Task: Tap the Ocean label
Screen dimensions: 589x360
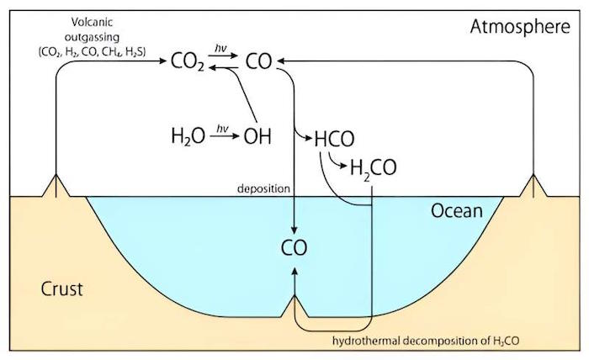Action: [x=456, y=211]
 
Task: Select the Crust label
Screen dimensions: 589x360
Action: [x=61, y=289]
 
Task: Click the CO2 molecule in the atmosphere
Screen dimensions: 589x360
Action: [x=188, y=61]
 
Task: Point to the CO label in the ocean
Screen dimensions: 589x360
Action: [x=294, y=248]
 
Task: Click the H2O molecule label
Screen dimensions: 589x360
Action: [x=188, y=136]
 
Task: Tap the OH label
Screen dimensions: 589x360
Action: [x=257, y=136]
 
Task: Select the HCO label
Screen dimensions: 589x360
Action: [x=334, y=139]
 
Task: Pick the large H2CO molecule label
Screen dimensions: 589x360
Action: [x=374, y=167]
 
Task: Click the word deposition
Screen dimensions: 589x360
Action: [x=263, y=188]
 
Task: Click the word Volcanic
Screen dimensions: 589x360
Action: [x=92, y=22]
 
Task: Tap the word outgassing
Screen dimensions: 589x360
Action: [x=92, y=38]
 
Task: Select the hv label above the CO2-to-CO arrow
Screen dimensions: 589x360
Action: [x=221, y=48]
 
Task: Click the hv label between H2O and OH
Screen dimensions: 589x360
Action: [x=222, y=129]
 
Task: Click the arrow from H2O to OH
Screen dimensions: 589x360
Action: [x=225, y=136]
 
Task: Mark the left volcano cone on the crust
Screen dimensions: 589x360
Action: [x=56, y=185]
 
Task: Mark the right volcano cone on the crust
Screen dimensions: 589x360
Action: [x=533, y=185]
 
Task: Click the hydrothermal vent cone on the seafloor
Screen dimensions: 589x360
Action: [x=294, y=306]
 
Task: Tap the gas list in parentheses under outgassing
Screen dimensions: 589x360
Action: [x=92, y=52]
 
